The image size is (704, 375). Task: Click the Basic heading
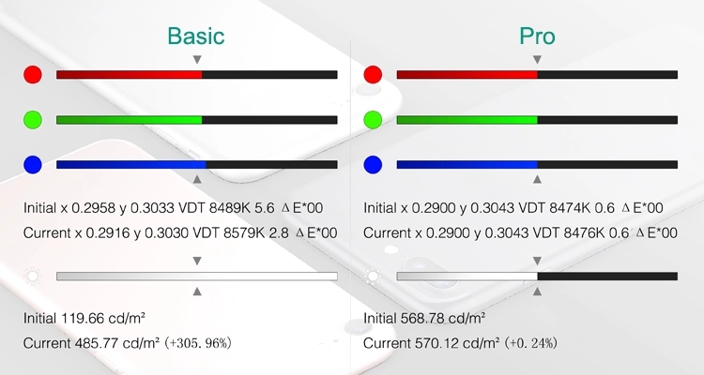coord(196,36)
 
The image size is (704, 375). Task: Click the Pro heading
coord(537,36)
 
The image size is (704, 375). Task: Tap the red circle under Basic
coord(33,74)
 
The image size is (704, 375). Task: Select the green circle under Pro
coord(373,120)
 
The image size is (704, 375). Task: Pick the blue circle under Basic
coord(33,165)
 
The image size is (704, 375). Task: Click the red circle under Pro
coord(373,74)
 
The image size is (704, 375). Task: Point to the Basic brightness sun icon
coord(33,277)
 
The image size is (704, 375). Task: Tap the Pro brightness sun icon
coord(373,277)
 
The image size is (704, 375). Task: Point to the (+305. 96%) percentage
coord(198,344)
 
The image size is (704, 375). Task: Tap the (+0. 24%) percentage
coord(530,344)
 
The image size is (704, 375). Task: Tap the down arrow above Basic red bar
coord(197,59)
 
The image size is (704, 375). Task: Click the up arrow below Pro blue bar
coord(537,179)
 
